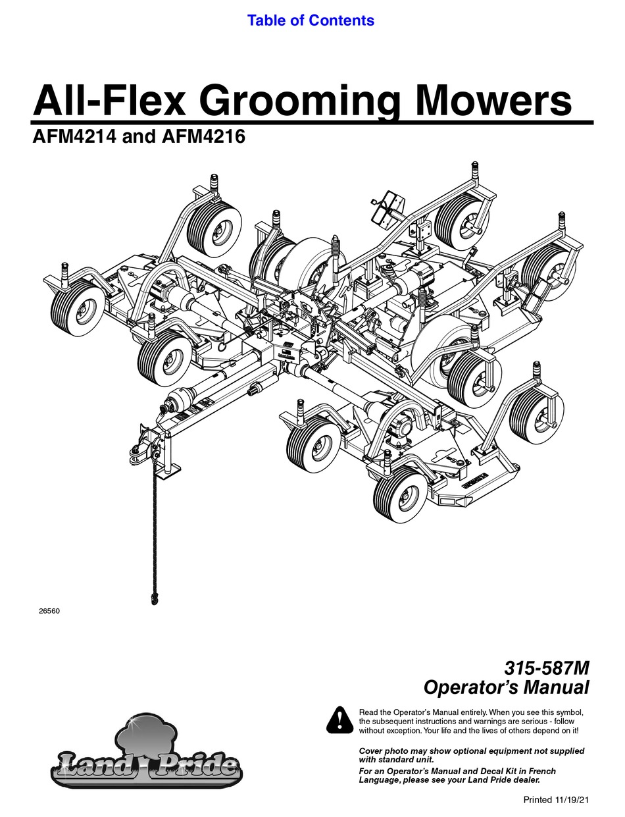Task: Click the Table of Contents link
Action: click(311, 20)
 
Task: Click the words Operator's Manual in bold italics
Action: click(506, 688)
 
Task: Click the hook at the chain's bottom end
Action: click(155, 598)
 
